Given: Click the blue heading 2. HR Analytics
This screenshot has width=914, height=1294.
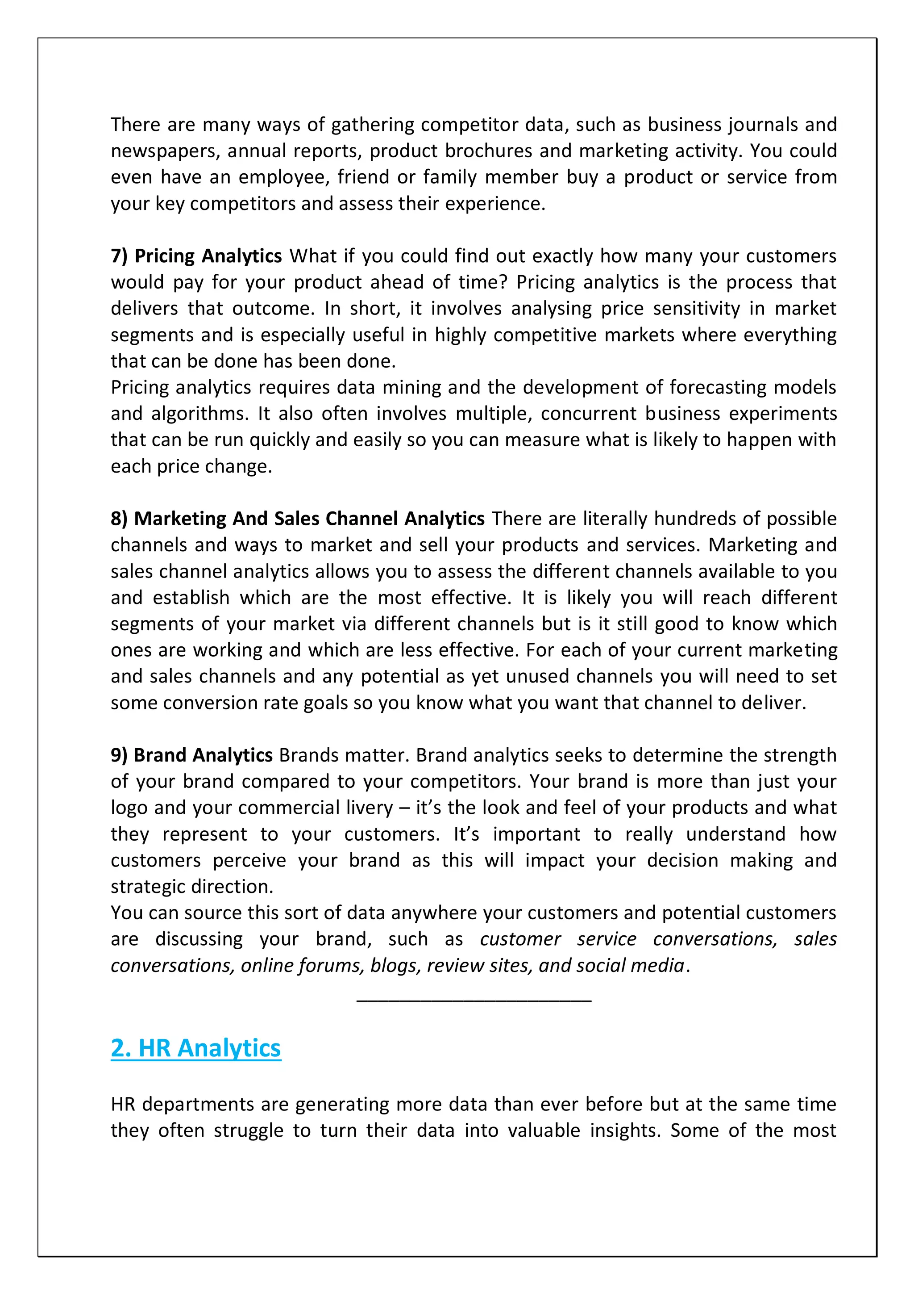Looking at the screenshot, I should pyautogui.click(x=195, y=1048).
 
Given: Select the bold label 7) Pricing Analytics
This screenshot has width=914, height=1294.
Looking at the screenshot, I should pyautogui.click(x=196, y=256).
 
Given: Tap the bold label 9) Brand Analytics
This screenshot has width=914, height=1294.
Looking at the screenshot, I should pyautogui.click(x=191, y=754).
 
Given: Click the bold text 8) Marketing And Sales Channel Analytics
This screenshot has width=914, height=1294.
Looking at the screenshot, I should pyautogui.click(x=297, y=519).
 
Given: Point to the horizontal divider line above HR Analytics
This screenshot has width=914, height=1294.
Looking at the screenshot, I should pyautogui.click(x=474, y=1001).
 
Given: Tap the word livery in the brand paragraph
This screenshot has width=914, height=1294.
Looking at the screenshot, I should pyautogui.click(x=370, y=808).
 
